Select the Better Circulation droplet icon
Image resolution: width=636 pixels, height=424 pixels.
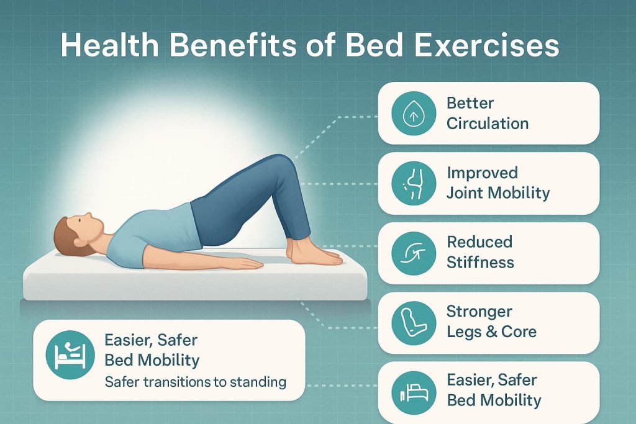pyautogui.click(x=409, y=114)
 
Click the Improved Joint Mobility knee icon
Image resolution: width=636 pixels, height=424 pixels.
pyautogui.click(x=409, y=183)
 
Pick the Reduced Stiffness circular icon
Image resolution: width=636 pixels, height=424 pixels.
pyautogui.click(x=409, y=252)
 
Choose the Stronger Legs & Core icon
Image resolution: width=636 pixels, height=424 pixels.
pyautogui.click(x=409, y=322)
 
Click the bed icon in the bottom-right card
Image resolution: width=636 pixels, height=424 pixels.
pyautogui.click(x=409, y=391)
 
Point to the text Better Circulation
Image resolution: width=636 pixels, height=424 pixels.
pyautogui.click(x=487, y=113)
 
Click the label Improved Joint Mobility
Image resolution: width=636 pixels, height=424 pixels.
pyautogui.click(x=498, y=183)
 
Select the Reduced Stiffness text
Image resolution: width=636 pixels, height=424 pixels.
pyautogui.click(x=480, y=251)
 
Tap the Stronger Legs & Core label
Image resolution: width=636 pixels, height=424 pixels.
pyautogui.click(x=491, y=321)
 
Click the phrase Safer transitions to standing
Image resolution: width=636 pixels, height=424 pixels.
pyautogui.click(x=195, y=382)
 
